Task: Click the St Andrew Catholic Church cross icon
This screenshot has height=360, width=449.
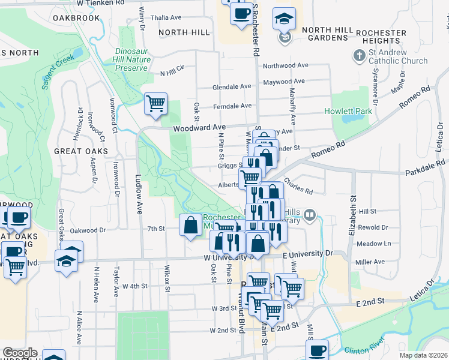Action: (x=359, y=56)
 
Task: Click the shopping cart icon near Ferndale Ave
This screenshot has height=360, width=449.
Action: (x=155, y=103)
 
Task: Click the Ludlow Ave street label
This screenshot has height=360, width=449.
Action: (x=138, y=187)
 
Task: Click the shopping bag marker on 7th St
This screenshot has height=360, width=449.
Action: (x=190, y=226)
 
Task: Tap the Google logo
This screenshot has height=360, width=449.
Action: (x=19, y=353)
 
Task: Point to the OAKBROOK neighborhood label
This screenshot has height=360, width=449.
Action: (x=76, y=18)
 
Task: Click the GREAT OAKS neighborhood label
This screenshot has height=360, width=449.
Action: (x=81, y=151)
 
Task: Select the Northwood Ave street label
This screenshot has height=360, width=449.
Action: (x=285, y=65)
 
